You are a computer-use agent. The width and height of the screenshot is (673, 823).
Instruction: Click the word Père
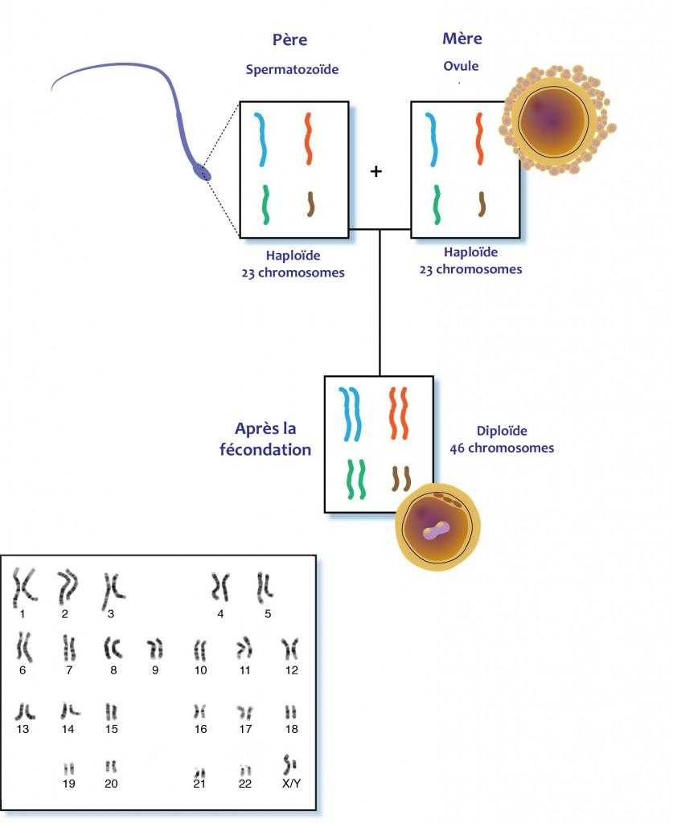pyautogui.click(x=289, y=40)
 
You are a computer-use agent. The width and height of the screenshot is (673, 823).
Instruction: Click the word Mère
pyautogui.click(x=462, y=39)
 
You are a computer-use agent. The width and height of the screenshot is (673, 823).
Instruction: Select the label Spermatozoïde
pyautogui.click(x=292, y=69)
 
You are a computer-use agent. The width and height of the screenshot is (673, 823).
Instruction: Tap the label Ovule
pyautogui.click(x=461, y=66)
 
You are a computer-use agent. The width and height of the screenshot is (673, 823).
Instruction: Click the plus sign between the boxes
pyautogui.click(x=375, y=171)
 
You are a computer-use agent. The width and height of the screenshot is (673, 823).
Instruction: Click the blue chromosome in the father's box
pyautogui.click(x=261, y=140)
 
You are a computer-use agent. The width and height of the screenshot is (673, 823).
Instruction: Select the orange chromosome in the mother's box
pyautogui.click(x=478, y=138)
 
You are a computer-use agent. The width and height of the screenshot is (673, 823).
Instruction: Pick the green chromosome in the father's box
pyautogui.click(x=265, y=205)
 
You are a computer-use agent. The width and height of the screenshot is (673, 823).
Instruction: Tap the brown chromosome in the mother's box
pyautogui.click(x=482, y=204)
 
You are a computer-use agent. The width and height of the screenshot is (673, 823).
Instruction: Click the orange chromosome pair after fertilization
pyautogui.click(x=399, y=413)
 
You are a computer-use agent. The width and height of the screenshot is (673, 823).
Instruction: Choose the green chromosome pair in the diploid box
pyautogui.click(x=356, y=479)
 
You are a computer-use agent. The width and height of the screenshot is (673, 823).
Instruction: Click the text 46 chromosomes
pyautogui.click(x=502, y=448)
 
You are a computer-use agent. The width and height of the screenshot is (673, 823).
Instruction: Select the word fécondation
pyautogui.click(x=265, y=450)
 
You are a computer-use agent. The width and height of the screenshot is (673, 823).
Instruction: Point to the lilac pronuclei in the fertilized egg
pyautogui.click(x=437, y=530)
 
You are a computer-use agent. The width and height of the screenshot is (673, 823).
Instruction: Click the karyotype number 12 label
pyautogui.click(x=291, y=670)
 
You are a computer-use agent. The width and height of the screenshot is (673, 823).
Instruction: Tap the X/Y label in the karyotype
pyautogui.click(x=291, y=784)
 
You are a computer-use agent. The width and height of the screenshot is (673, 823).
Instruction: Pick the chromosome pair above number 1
pyautogui.click(x=24, y=587)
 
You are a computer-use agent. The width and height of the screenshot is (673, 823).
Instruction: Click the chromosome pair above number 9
pyautogui.click(x=155, y=649)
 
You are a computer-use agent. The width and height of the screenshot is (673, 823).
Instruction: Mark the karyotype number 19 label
pyautogui.click(x=69, y=784)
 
